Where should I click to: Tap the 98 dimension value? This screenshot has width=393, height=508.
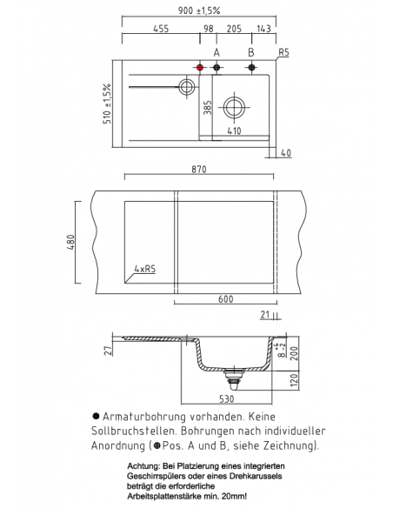[x=209, y=29]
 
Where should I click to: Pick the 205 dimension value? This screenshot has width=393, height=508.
[x=234, y=29]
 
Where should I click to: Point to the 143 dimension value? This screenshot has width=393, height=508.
[x=263, y=29]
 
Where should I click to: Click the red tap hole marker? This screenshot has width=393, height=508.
[x=200, y=67]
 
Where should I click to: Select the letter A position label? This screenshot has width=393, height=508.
[x=216, y=52]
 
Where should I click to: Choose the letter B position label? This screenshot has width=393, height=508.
[x=250, y=52]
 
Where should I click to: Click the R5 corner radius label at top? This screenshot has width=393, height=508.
[x=283, y=53]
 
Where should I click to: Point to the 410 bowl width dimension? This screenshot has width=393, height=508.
[x=234, y=132]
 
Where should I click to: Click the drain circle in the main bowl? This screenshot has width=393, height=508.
[x=234, y=108]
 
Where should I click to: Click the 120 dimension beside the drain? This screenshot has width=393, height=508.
[x=295, y=380]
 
